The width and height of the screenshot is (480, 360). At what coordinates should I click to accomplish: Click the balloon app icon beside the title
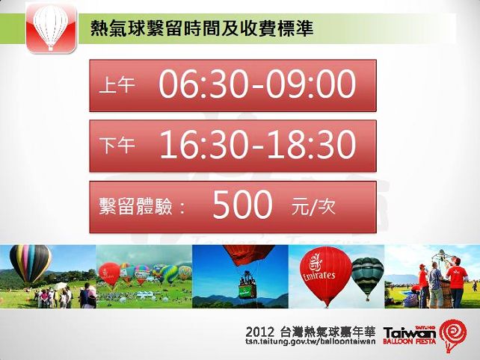click(51, 28)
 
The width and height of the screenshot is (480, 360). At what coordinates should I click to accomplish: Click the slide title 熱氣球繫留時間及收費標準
click(202, 28)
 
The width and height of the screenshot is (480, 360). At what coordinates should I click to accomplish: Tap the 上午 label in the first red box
click(117, 84)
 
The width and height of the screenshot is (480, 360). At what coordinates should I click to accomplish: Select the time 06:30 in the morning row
click(203, 84)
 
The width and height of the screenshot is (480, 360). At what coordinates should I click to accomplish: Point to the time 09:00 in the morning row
click(311, 84)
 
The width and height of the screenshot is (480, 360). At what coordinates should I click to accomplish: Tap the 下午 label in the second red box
click(117, 145)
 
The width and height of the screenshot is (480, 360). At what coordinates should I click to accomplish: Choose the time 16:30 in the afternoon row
click(203, 144)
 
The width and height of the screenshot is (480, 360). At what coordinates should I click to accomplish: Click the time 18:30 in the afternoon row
click(311, 144)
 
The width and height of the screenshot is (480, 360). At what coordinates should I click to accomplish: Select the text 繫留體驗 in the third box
click(135, 206)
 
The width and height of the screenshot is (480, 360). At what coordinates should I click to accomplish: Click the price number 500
click(242, 205)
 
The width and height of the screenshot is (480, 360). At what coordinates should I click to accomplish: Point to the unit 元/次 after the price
click(313, 206)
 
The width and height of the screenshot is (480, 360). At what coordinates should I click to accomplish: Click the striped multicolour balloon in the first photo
click(30, 264)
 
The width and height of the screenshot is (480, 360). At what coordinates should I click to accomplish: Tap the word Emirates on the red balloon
click(319, 276)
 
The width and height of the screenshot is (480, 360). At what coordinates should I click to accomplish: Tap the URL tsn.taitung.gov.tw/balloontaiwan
click(310, 341)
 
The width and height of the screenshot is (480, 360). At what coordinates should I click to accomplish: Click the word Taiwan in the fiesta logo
click(409, 333)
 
